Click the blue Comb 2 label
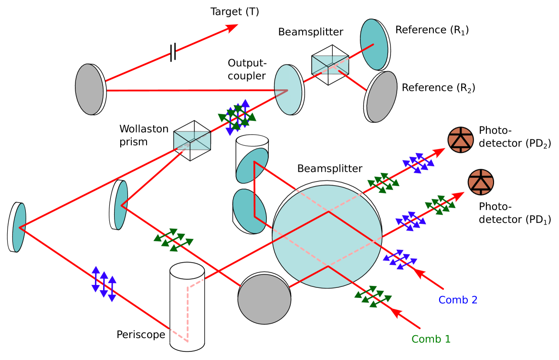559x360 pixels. (458, 300)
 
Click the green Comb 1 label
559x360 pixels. (431, 339)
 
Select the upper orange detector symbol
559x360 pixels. (461, 140)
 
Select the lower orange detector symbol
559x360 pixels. (481, 182)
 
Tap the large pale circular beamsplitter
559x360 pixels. (327, 236)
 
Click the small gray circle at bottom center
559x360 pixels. (264, 299)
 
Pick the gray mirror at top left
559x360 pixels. (90, 89)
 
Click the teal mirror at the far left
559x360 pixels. (18, 227)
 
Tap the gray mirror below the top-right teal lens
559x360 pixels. (381, 97)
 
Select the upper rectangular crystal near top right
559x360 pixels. (330, 65)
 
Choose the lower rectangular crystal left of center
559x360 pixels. (192, 140)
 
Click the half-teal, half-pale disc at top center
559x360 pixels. (288, 90)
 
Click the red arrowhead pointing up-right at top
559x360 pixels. (232, 28)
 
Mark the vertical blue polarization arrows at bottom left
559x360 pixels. (104, 284)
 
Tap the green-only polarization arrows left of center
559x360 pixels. (173, 240)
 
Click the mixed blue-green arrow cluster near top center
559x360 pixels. (237, 117)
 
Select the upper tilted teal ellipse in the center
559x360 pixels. (252, 165)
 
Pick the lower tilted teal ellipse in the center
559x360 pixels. (249, 211)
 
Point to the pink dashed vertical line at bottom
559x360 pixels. (188, 313)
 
